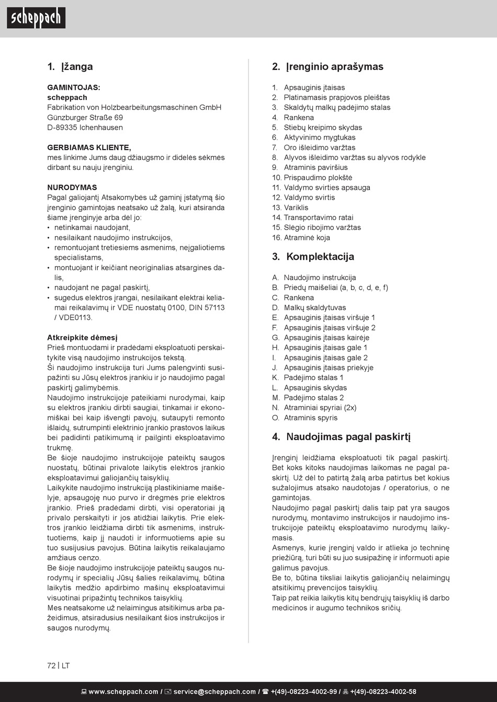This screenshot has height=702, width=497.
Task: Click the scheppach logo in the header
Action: [36, 18]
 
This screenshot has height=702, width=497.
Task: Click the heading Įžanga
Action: [70, 66]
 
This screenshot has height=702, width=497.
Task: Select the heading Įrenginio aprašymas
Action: [328, 66]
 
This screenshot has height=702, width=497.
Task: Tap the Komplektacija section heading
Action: [313, 257]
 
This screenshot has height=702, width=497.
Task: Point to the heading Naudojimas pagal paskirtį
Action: [341, 437]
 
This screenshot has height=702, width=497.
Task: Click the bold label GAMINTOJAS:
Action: [74, 87]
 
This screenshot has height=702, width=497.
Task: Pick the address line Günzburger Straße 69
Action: [85, 118]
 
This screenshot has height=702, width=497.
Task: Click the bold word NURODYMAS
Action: [72, 187]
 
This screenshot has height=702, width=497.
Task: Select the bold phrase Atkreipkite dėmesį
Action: [82, 338]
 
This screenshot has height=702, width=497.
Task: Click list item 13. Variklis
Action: [290, 208]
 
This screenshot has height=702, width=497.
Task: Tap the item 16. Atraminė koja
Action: [301, 238]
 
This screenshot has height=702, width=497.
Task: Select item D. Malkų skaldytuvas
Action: [309, 308]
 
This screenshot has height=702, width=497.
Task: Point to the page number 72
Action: [51, 666]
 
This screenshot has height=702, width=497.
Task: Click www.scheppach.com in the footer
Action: [123, 692]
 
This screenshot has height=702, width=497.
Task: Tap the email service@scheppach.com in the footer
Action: [214, 692]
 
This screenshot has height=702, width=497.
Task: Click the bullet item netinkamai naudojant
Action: [92, 227]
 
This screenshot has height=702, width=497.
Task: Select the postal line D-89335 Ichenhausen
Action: [85, 128]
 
